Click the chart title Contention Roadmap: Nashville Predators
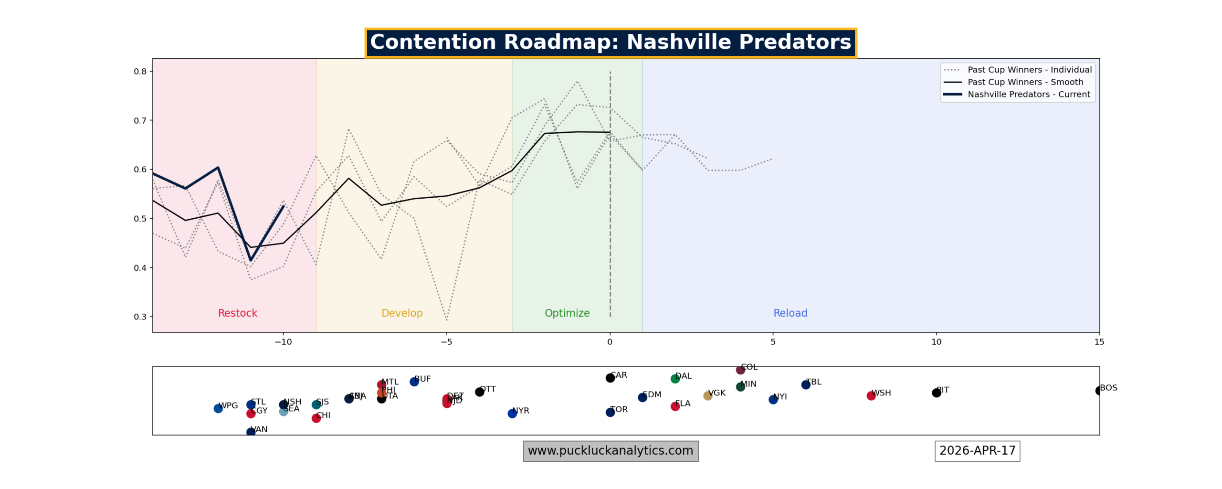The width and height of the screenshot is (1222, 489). [610, 42]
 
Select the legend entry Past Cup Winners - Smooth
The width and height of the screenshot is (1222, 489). [1024, 82]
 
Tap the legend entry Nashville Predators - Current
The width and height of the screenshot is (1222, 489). [1028, 95]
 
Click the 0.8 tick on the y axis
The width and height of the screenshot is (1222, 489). [140, 72]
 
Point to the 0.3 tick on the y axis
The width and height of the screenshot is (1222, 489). [140, 317]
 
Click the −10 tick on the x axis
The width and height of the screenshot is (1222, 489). [283, 342]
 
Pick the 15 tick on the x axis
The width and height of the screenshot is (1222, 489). [1099, 342]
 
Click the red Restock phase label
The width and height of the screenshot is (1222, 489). [237, 313]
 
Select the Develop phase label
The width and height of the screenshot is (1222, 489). [401, 313]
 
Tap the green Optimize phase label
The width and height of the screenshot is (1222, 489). [567, 313]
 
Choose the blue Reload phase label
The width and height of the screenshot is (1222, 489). [790, 313]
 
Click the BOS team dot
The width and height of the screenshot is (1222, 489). [1099, 391]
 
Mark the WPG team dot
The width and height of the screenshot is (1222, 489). [218, 408]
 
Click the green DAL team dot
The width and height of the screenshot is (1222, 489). [675, 379]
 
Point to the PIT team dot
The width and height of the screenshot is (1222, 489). [936, 393]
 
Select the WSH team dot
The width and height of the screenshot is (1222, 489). [871, 395]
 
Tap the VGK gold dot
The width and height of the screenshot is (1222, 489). [707, 395]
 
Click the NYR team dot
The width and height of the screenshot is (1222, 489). [512, 414]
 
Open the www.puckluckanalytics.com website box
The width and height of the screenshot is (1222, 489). [611, 451]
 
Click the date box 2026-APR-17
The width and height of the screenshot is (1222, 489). [977, 451]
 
